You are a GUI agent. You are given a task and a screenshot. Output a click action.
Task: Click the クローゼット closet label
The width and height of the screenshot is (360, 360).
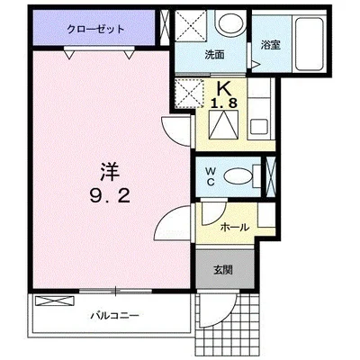coord(95,30)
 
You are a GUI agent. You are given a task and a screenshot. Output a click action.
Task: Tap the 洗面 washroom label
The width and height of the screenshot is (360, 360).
coord(215,55)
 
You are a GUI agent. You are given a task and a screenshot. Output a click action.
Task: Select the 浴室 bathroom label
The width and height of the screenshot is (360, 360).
coord(271,45)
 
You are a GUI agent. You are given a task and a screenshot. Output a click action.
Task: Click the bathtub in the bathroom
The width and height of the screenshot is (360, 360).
coord(309,43)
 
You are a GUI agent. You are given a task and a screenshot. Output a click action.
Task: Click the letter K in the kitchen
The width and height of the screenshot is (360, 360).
coord(224,89)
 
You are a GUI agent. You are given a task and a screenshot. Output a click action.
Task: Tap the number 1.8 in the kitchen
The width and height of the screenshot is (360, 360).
coord(223,103)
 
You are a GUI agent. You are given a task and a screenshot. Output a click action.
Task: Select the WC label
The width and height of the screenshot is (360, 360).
coord(211,176)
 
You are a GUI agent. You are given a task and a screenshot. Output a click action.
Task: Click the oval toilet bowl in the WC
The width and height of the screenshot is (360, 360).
coord(238,176)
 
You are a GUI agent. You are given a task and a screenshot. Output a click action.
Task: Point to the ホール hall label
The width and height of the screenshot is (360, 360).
coord(235,227)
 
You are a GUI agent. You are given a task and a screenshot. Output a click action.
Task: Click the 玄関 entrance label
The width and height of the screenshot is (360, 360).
coord(223,270)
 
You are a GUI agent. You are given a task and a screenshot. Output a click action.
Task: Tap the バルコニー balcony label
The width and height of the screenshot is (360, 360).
coord(115,316)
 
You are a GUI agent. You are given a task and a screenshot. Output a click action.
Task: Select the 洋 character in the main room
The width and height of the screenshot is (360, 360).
coord(109,172)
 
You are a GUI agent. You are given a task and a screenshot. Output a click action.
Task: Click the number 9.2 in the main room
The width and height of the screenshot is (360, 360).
coord(110,196)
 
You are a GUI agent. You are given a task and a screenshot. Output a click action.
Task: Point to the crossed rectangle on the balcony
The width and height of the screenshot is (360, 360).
coord(55,301)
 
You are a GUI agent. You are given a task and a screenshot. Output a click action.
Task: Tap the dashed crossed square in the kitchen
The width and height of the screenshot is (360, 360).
coord(190,93)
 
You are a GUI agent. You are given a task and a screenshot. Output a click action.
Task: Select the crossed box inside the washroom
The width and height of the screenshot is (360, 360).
coord(191,25)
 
